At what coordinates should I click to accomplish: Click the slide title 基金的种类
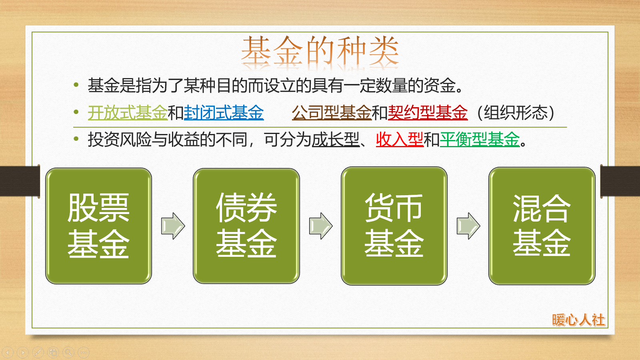320,51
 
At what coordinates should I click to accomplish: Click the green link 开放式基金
128,113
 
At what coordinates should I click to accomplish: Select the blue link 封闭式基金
224,113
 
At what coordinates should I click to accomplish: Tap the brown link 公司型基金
332,113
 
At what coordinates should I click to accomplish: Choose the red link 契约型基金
428,113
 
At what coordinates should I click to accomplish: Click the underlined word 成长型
336,140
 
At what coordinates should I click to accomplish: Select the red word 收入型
400,140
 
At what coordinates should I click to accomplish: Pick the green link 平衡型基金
480,140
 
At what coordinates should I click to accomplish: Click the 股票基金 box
98,226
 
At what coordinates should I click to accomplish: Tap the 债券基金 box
246,226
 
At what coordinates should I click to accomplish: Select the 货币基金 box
394,226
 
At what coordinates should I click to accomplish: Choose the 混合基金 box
542,226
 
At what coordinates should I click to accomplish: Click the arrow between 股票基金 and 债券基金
173,226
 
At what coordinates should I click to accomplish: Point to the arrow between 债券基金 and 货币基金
320,226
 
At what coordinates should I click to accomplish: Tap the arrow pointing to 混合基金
468,226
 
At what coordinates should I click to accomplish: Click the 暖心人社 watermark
578,320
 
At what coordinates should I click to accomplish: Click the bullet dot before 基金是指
76,85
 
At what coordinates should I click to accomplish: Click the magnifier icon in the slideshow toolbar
68,352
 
